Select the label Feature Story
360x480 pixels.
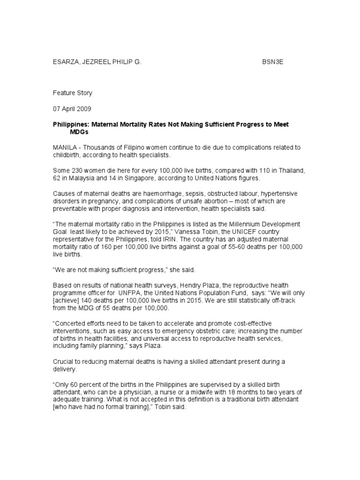click(x=72, y=93)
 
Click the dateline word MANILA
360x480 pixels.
click(x=63, y=148)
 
